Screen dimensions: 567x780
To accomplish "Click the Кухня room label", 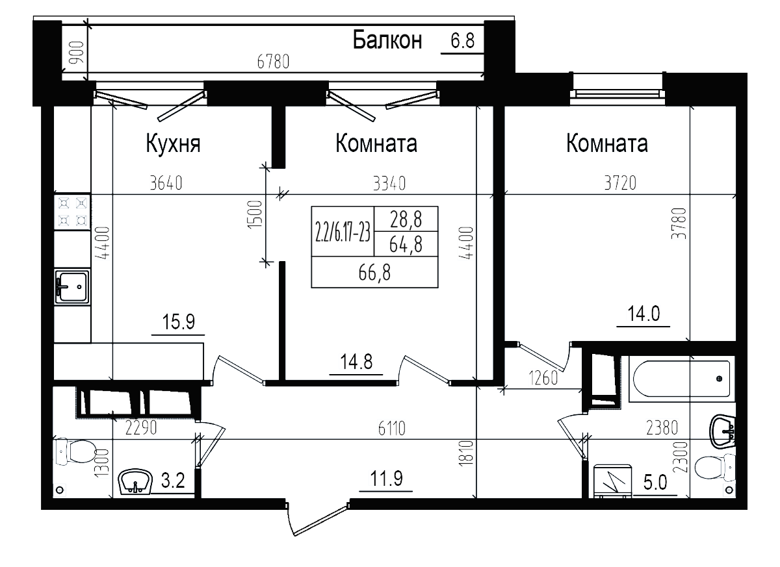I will point(172,144).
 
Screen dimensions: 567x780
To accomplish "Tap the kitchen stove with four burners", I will point(72,212).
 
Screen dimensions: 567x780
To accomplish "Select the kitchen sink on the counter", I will point(72,286).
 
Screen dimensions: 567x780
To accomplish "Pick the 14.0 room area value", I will point(643,314).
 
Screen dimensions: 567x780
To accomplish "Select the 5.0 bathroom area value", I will point(655,483).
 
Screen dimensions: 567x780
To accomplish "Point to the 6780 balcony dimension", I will point(273,62).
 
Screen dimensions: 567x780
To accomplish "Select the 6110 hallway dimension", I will point(391,428).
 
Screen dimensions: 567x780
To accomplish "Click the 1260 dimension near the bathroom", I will point(543,378).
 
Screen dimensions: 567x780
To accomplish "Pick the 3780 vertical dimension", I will point(680,224).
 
